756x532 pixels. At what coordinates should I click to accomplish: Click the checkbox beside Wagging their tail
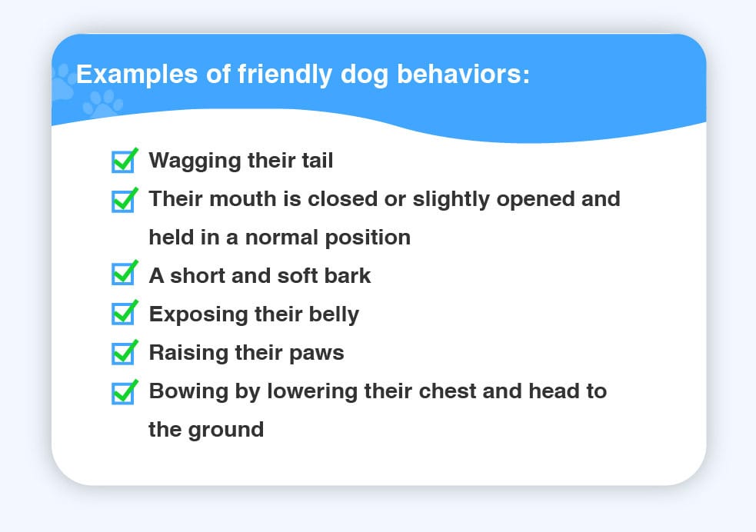123,161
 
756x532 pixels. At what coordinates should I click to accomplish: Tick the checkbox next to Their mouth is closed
123,201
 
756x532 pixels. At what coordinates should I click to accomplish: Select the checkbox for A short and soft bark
123,273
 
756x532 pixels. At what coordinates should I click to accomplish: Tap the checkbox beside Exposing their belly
123,313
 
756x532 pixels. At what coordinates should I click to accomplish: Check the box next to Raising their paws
123,352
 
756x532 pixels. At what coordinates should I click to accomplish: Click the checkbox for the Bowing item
123,392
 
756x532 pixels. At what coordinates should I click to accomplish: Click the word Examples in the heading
137,75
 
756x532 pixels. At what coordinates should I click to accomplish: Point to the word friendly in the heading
285,75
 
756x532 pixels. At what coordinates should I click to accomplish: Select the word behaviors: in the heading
463,75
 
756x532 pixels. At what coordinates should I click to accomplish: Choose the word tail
318,160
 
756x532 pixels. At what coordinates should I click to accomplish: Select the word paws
316,354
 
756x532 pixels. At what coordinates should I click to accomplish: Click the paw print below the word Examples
103,103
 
